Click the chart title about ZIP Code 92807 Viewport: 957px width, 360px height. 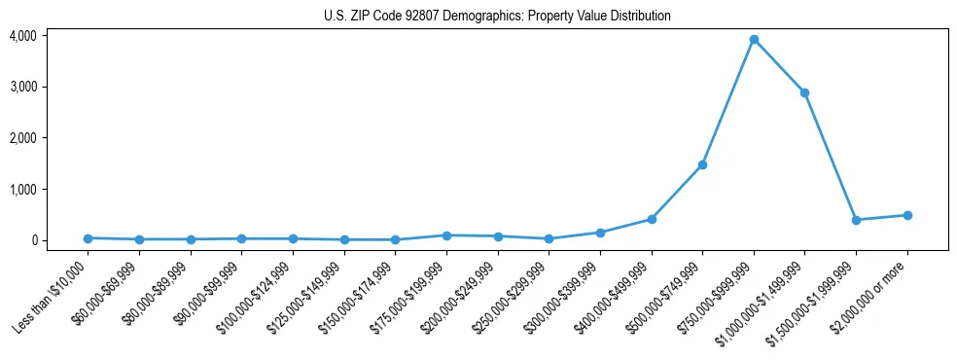coord(497,16)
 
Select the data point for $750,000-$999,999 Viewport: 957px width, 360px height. coord(754,40)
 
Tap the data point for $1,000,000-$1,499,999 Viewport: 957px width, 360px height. coord(804,92)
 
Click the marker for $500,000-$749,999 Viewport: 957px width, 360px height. coord(702,164)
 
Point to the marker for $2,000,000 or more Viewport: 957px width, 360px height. coord(907,215)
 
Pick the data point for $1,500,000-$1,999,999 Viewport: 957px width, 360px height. coord(856,220)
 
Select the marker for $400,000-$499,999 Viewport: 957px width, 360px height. coord(652,219)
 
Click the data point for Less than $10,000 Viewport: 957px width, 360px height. coord(89,238)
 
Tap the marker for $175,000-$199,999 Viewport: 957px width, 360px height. coord(446,235)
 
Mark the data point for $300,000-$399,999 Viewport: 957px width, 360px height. coord(600,233)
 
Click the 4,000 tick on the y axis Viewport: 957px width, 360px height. coord(22,36)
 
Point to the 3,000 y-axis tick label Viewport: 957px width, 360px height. coord(22,87)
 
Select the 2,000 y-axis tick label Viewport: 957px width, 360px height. coord(22,138)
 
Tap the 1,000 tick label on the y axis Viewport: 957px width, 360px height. coord(22,189)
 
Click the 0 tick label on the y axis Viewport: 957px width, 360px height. coord(33,240)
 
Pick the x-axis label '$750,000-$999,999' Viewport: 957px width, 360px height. coord(718,296)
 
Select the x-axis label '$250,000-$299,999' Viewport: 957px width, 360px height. coord(514,296)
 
